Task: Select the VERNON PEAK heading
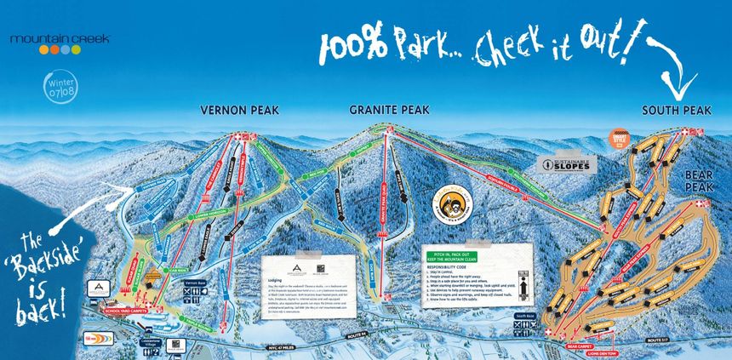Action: coord(235,111)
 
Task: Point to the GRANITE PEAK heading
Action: coord(387,110)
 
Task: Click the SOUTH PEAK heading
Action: coord(676,111)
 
